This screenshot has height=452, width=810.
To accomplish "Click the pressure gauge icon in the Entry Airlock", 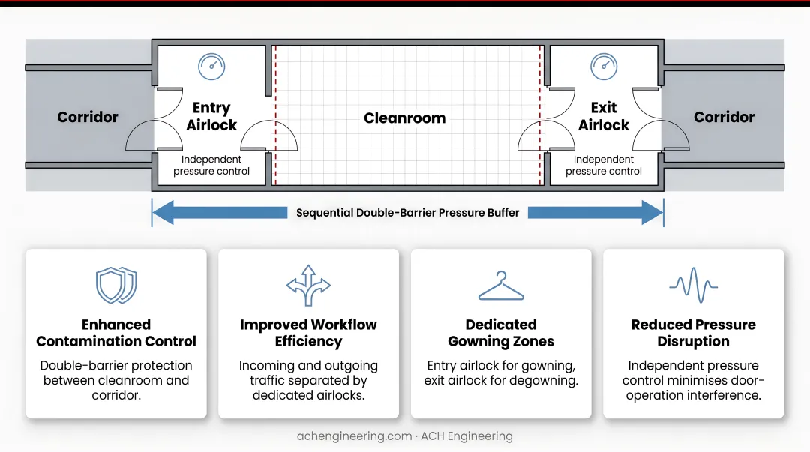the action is (211, 67).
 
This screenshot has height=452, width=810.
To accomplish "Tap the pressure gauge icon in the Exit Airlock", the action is (604, 67).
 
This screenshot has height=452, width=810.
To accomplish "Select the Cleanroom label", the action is (404, 118).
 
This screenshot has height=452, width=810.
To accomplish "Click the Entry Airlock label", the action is (211, 116).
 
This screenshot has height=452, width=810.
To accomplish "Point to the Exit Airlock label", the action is (604, 116).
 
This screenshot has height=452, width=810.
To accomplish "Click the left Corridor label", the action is (88, 117).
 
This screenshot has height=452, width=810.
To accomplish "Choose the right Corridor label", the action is (724, 117).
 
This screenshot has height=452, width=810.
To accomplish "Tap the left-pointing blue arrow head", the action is (163, 213).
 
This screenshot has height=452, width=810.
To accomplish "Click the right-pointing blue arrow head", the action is (652, 213).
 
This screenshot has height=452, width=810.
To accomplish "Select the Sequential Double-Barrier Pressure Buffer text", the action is (407, 213).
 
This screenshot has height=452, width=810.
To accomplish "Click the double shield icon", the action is (116, 285).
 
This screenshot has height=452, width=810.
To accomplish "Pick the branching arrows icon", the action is (308, 285).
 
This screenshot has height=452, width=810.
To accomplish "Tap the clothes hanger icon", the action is (501, 286).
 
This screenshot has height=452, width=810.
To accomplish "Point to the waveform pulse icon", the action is (693, 285).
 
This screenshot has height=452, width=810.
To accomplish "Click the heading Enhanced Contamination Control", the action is (116, 333).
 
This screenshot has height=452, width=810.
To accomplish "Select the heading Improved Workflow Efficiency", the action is (308, 333).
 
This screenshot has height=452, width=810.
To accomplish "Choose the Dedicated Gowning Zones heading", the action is (501, 333).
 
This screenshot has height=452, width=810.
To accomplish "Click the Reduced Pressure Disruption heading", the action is (693, 333).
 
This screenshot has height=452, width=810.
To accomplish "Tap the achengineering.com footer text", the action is (354, 436).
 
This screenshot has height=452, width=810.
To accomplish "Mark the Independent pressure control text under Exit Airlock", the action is (603, 166).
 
